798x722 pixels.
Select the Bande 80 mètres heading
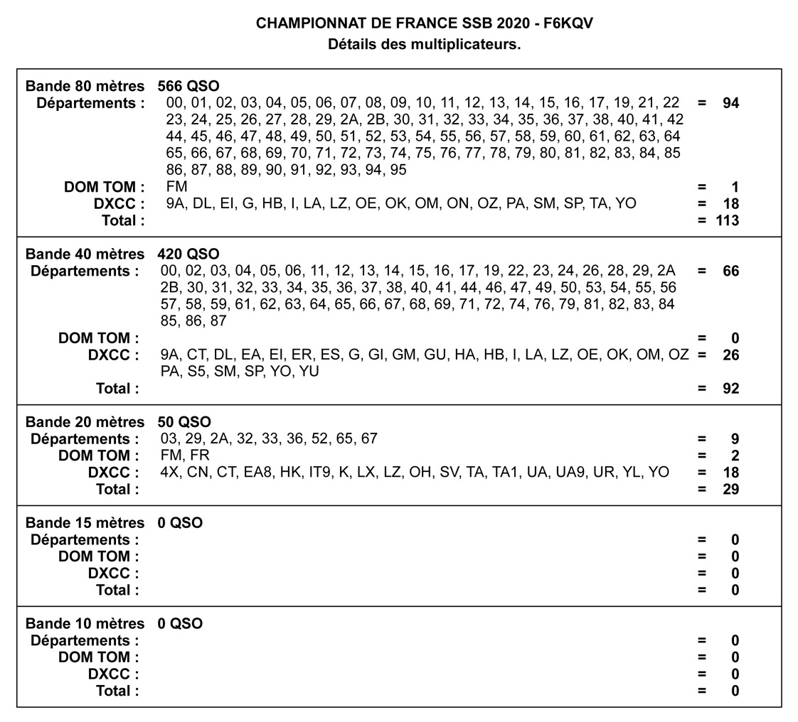[x=85, y=87]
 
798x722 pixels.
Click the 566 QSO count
[x=188, y=87]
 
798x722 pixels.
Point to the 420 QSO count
[x=188, y=254]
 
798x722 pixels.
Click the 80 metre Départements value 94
[x=730, y=103]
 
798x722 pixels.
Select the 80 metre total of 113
[x=727, y=220]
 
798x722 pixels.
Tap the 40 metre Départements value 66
[x=730, y=271]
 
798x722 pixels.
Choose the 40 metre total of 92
[x=730, y=389]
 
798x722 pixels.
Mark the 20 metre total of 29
[x=730, y=490]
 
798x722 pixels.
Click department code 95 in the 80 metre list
[x=398, y=171]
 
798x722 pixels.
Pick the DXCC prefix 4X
[x=170, y=473]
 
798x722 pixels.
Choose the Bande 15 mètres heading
[x=85, y=523]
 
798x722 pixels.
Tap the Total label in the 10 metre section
[x=117, y=691]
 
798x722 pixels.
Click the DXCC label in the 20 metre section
[x=113, y=473]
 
